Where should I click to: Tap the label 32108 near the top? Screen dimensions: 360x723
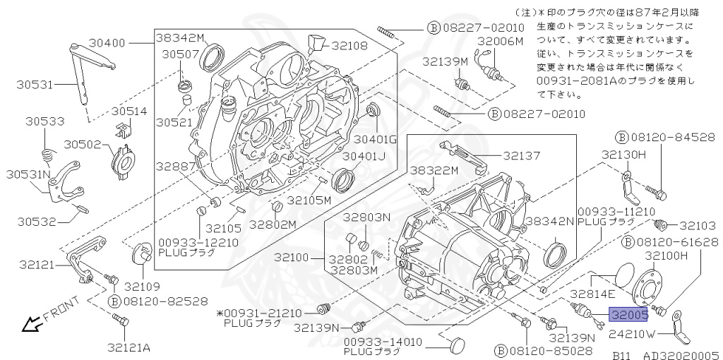click(350, 44)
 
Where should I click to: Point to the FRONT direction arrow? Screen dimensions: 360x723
click(30, 324)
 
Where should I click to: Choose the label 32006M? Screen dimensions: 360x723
click(500, 42)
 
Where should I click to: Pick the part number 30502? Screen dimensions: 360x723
click(83, 143)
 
